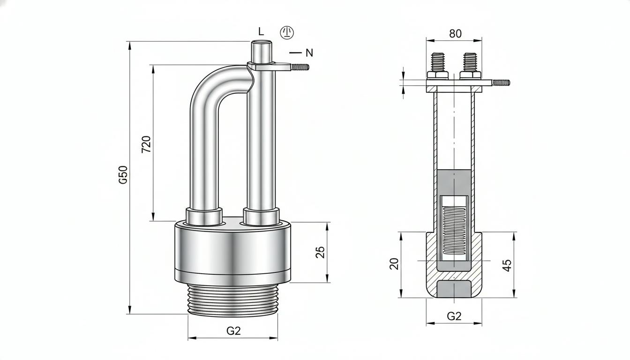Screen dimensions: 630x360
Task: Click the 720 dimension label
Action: (x=146, y=144)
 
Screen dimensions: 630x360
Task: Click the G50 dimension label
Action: (x=123, y=175)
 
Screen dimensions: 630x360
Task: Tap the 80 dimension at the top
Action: (x=455, y=34)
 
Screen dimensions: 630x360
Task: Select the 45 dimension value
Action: (x=507, y=265)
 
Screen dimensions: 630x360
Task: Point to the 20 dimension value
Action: (x=394, y=264)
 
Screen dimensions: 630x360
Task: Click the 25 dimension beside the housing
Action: (x=320, y=252)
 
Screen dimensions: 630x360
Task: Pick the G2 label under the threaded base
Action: (x=233, y=331)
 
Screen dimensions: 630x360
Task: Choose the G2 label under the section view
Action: (x=454, y=316)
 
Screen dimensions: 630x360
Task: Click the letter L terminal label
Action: (x=261, y=31)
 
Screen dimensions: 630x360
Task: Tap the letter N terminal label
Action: (x=309, y=52)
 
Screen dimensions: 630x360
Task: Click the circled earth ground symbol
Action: (x=286, y=32)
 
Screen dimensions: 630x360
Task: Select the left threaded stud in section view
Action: (x=438, y=62)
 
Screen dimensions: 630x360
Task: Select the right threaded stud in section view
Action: (x=470, y=62)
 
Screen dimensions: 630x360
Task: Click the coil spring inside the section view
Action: (x=454, y=230)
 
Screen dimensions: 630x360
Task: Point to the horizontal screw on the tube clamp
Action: (x=300, y=67)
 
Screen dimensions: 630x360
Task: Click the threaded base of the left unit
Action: (x=233, y=300)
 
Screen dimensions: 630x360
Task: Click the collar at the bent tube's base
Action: (x=204, y=216)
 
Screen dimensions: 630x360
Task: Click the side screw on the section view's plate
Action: (x=501, y=82)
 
